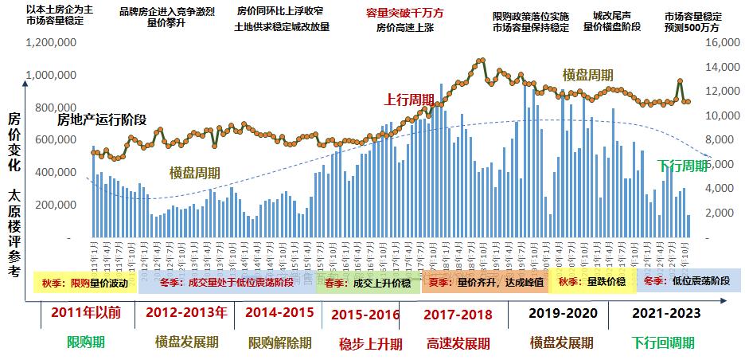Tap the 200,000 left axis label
[54, 205]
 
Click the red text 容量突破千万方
[405, 14]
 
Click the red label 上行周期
[409, 100]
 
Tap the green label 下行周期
[682, 166]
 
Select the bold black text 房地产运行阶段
[101, 120]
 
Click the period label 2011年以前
[85, 312]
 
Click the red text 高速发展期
[458, 343]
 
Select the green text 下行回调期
[663, 343]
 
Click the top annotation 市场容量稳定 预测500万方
[693, 21]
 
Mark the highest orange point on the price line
[481, 61]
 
